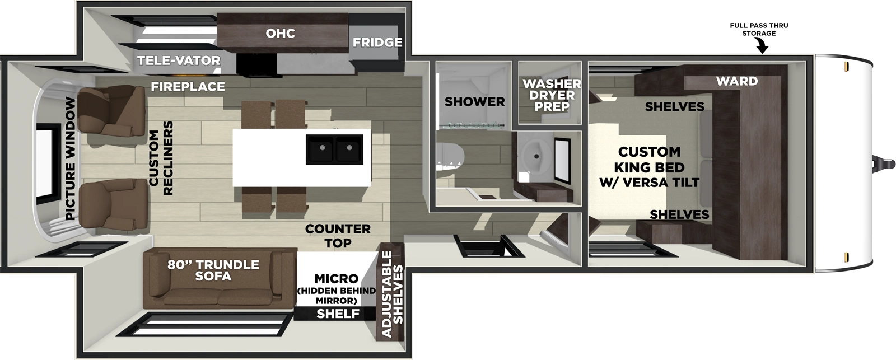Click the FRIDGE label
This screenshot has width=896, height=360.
click(377, 43)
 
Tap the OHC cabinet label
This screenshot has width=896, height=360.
click(280, 34)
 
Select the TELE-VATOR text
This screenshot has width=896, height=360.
click(179, 60)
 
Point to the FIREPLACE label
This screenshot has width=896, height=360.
click(188, 87)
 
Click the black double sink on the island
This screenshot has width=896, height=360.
click(334, 149)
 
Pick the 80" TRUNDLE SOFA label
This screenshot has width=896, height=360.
click(213, 270)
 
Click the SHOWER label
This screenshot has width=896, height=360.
click(474, 102)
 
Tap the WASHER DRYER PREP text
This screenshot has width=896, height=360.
click(552, 95)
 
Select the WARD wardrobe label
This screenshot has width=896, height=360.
click(736, 81)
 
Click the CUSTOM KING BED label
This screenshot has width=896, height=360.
click(649, 167)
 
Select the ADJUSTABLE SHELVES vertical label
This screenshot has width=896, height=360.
click(392, 294)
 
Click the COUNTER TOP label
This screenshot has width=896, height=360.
click(338, 236)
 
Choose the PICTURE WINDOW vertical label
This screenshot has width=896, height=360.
click(70, 158)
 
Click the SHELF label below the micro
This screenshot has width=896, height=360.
click(337, 314)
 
